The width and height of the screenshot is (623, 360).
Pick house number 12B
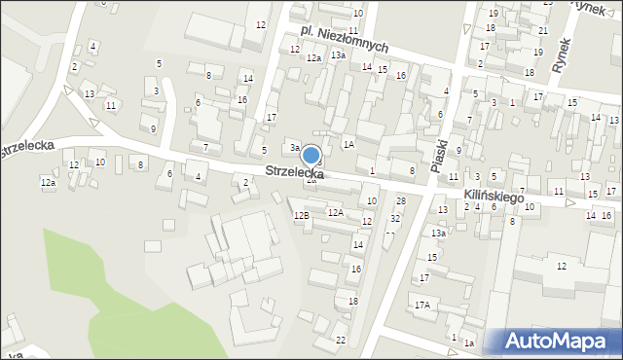click(303, 215)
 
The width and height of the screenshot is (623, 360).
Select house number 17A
click(421, 305)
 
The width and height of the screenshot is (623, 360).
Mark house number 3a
click(295, 148)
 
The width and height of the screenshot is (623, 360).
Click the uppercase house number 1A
click(348, 144)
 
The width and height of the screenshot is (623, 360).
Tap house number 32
click(394, 218)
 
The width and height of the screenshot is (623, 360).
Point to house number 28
click(400, 200)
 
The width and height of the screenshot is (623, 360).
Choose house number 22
click(340, 340)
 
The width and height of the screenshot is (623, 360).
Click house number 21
click(541, 31)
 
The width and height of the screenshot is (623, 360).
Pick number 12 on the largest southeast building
click(561, 266)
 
